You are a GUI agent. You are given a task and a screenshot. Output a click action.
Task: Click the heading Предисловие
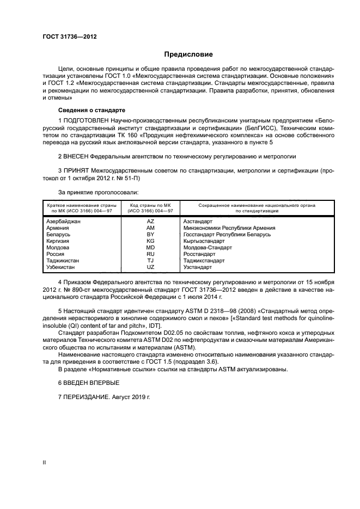coord(188,54)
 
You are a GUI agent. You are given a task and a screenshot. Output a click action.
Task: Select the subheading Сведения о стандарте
coord(84,109)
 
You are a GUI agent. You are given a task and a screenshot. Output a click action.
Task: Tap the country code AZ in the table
coord(150,222)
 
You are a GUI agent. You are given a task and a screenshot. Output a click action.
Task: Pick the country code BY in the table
coord(150,235)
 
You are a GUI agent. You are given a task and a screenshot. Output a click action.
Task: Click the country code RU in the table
coord(150,254)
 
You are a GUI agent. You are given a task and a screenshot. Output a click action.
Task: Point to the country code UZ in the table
coord(150,267)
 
